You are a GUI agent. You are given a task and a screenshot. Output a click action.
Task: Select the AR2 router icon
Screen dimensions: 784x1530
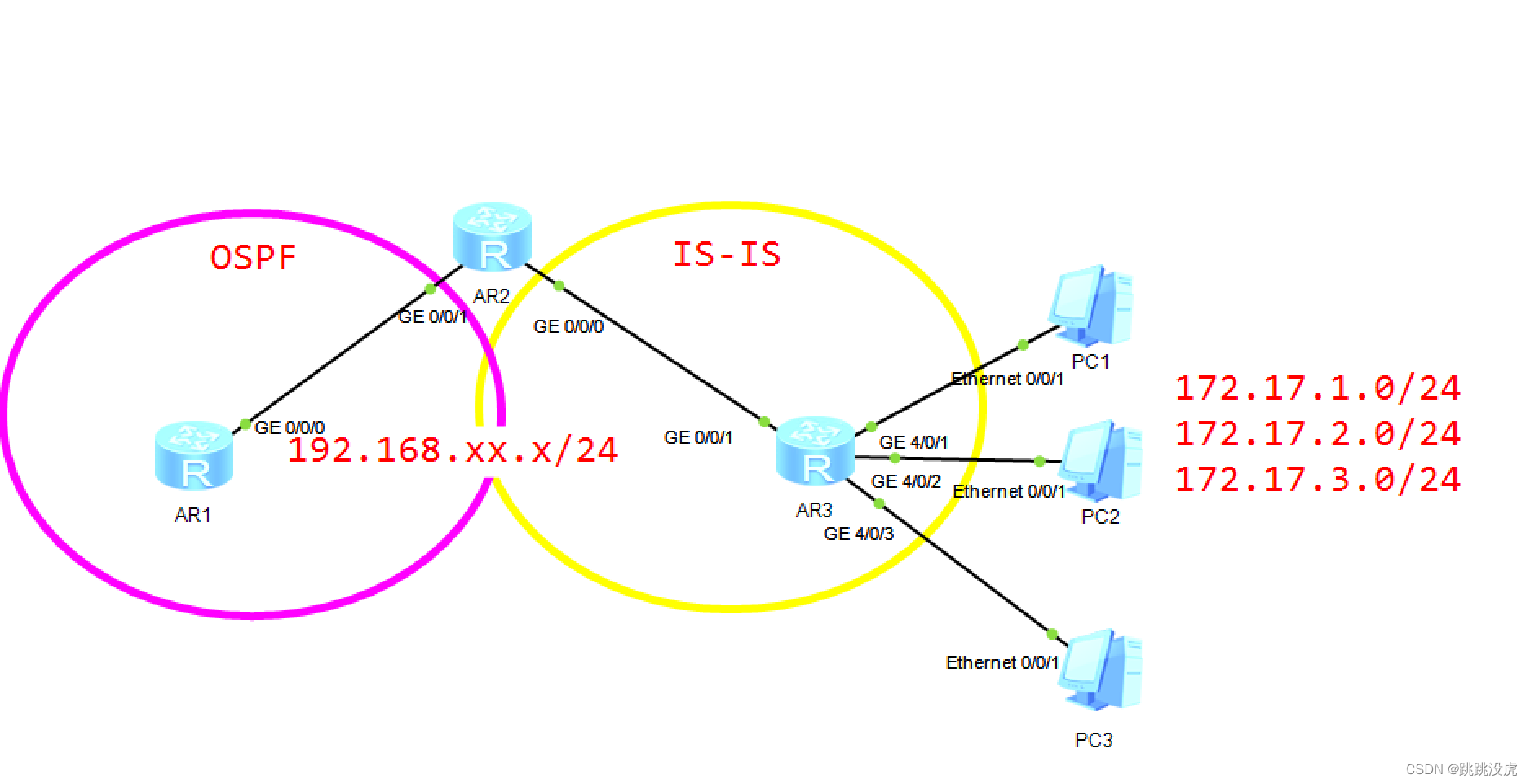(x=493, y=237)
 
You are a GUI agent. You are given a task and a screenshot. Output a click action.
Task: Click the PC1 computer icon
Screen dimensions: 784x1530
(x=1091, y=305)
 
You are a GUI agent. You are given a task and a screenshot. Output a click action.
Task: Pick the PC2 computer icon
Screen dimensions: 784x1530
(x=1101, y=460)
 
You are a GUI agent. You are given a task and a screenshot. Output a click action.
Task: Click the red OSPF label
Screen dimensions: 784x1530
(x=253, y=258)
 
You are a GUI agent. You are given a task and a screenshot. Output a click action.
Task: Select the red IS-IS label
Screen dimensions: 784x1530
(x=727, y=254)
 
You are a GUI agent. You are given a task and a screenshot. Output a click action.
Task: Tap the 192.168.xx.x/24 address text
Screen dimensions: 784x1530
(x=453, y=450)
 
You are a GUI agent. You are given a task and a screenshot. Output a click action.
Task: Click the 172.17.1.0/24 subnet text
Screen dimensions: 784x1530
(x=1317, y=388)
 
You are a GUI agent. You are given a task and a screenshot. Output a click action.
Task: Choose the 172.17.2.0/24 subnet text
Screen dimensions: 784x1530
(x=1317, y=434)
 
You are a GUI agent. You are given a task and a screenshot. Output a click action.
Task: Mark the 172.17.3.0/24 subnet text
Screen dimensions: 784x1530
(x=1317, y=480)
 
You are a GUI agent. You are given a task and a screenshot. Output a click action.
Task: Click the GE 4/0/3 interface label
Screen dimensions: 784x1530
(x=859, y=534)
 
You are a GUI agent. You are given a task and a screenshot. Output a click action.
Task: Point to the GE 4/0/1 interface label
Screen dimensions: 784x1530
(x=913, y=443)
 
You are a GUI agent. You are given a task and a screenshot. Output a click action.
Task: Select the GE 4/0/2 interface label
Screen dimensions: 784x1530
(x=906, y=482)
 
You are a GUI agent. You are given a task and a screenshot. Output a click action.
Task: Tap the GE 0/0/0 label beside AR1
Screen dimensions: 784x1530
(x=290, y=428)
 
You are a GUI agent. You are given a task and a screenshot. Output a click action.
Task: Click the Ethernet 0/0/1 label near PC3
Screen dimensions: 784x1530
(x=1002, y=663)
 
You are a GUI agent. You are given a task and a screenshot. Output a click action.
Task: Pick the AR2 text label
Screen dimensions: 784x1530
(x=491, y=297)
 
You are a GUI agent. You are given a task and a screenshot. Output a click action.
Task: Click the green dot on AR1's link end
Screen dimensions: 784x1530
(x=245, y=424)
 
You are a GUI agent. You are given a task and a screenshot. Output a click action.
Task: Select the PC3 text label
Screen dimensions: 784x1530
(x=1094, y=741)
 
